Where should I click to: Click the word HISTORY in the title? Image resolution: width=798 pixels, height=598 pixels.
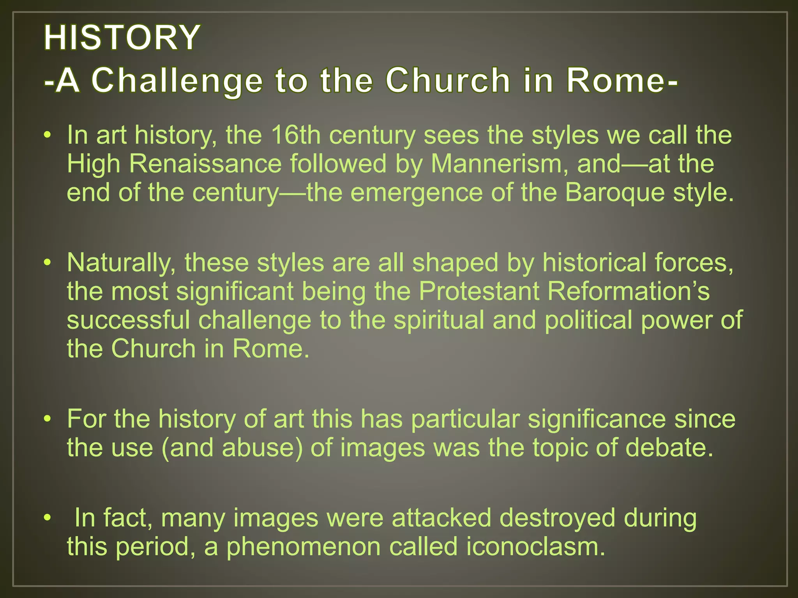click(x=122, y=38)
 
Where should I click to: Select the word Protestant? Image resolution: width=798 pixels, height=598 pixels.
click(x=479, y=291)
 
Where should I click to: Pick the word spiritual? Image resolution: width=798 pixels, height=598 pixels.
click(x=439, y=320)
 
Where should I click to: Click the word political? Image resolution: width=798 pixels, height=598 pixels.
click(x=588, y=320)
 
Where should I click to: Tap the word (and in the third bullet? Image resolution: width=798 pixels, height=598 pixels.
click(x=187, y=448)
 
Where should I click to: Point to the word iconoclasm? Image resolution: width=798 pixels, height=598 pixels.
click(x=536, y=547)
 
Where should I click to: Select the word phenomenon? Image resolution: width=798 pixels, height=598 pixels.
click(x=304, y=547)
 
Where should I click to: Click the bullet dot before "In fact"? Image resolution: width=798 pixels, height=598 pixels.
click(x=48, y=518)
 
